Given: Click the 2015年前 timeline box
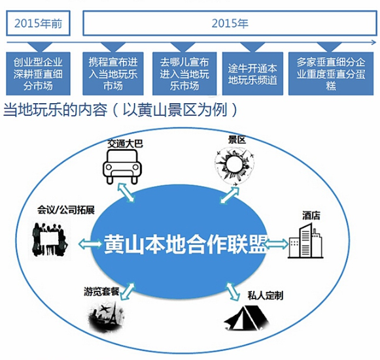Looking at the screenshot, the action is tap(39, 24).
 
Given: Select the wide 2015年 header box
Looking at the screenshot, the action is tap(230, 24).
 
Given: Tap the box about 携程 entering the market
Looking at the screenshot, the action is tap(113, 74).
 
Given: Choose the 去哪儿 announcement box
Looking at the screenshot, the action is tap(184, 74).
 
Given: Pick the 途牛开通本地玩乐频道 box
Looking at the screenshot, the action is tap(252, 74).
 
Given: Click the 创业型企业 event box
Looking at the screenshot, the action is tap(38, 74).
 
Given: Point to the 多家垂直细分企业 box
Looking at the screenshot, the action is tap(331, 74).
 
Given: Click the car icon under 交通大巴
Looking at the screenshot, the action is tap(122, 167).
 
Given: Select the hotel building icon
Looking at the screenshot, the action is tap(305, 240).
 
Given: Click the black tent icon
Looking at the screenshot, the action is tap(247, 318).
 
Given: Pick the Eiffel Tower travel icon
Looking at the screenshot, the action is tap(106, 316).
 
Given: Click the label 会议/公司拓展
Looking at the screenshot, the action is tap(65, 210).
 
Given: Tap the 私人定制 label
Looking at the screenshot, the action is tap(265, 295).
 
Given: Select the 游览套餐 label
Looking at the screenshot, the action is tap(101, 291).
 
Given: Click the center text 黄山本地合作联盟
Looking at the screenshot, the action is tap(186, 244).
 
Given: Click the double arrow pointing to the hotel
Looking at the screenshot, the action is tap(276, 244).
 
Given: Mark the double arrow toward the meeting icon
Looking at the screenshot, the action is tap(90, 244).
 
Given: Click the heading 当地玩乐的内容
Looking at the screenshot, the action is tap(55, 110).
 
